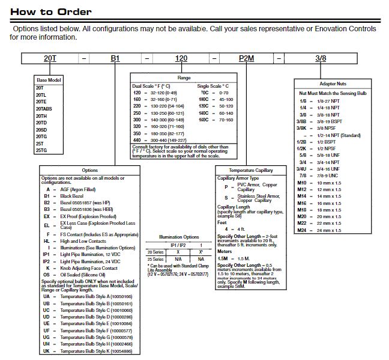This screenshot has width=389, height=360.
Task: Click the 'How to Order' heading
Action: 50,11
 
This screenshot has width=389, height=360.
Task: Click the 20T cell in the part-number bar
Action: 50,59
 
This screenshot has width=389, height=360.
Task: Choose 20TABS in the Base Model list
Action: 45,109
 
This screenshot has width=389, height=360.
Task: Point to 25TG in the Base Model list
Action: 41,150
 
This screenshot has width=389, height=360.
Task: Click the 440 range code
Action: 137,140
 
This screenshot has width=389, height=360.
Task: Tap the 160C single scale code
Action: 204,120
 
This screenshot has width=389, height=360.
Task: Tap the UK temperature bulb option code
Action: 47,350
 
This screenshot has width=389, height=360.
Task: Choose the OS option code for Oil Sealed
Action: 47,275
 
